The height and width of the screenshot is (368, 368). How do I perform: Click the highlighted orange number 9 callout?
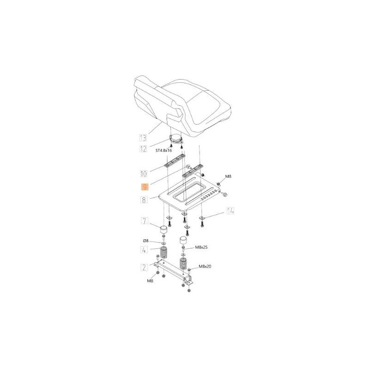click(x=144, y=187)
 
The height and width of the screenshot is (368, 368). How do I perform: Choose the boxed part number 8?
click(x=144, y=200)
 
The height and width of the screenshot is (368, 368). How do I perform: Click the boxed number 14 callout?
click(x=230, y=211)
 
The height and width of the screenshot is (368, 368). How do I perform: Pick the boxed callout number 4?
click(x=144, y=250)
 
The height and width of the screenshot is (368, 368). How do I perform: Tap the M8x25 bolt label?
click(x=202, y=247)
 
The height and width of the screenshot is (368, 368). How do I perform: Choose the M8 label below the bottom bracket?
click(x=149, y=281)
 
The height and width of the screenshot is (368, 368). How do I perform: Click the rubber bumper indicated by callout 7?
click(x=163, y=230)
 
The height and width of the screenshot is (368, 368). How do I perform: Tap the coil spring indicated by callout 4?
click(x=164, y=254)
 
